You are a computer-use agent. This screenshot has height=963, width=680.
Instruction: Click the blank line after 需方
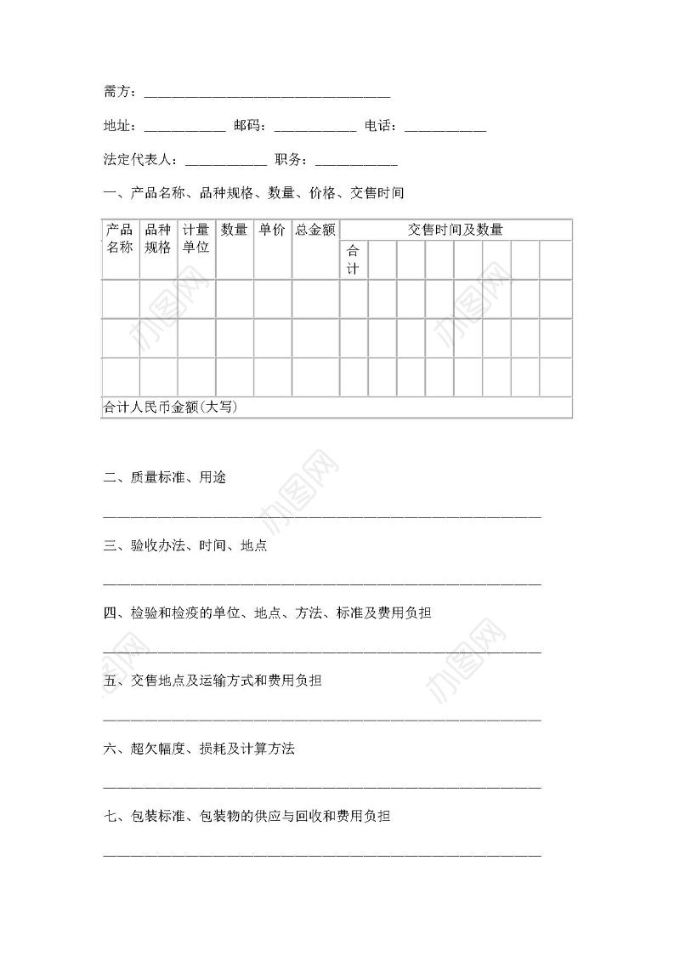pyautogui.click(x=267, y=94)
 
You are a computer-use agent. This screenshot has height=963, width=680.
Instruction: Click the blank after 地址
pyautogui.click(x=184, y=128)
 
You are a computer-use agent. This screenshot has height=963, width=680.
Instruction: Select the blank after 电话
pyautogui.click(x=445, y=128)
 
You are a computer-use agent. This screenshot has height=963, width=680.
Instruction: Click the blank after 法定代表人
pyautogui.click(x=225, y=161)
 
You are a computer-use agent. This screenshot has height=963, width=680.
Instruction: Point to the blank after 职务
pyautogui.click(x=356, y=161)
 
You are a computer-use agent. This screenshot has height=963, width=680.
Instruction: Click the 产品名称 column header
pyautogui.click(x=120, y=238)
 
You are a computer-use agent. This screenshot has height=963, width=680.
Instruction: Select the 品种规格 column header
pyautogui.click(x=158, y=238)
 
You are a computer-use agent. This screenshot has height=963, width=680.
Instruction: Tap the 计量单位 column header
pyautogui.click(x=196, y=238)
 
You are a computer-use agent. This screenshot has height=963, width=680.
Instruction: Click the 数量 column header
pyautogui.click(x=235, y=230)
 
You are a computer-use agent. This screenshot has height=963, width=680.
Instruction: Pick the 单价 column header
pyautogui.click(x=272, y=230)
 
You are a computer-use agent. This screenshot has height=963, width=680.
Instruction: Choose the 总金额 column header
pyautogui.click(x=315, y=230)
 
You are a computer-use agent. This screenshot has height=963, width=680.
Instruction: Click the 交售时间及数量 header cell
pyautogui.click(x=456, y=230)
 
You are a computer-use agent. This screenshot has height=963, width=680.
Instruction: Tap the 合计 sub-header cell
pyautogui.click(x=354, y=259)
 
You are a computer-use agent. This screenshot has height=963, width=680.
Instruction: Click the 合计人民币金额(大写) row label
pyautogui.click(x=170, y=407)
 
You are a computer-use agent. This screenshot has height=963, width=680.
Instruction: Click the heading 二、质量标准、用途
pyautogui.click(x=164, y=478)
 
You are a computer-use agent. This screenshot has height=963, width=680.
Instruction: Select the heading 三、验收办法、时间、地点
pyautogui.click(x=185, y=546)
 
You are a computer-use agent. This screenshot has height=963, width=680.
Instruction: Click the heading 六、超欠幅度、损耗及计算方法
pyautogui.click(x=199, y=749)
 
